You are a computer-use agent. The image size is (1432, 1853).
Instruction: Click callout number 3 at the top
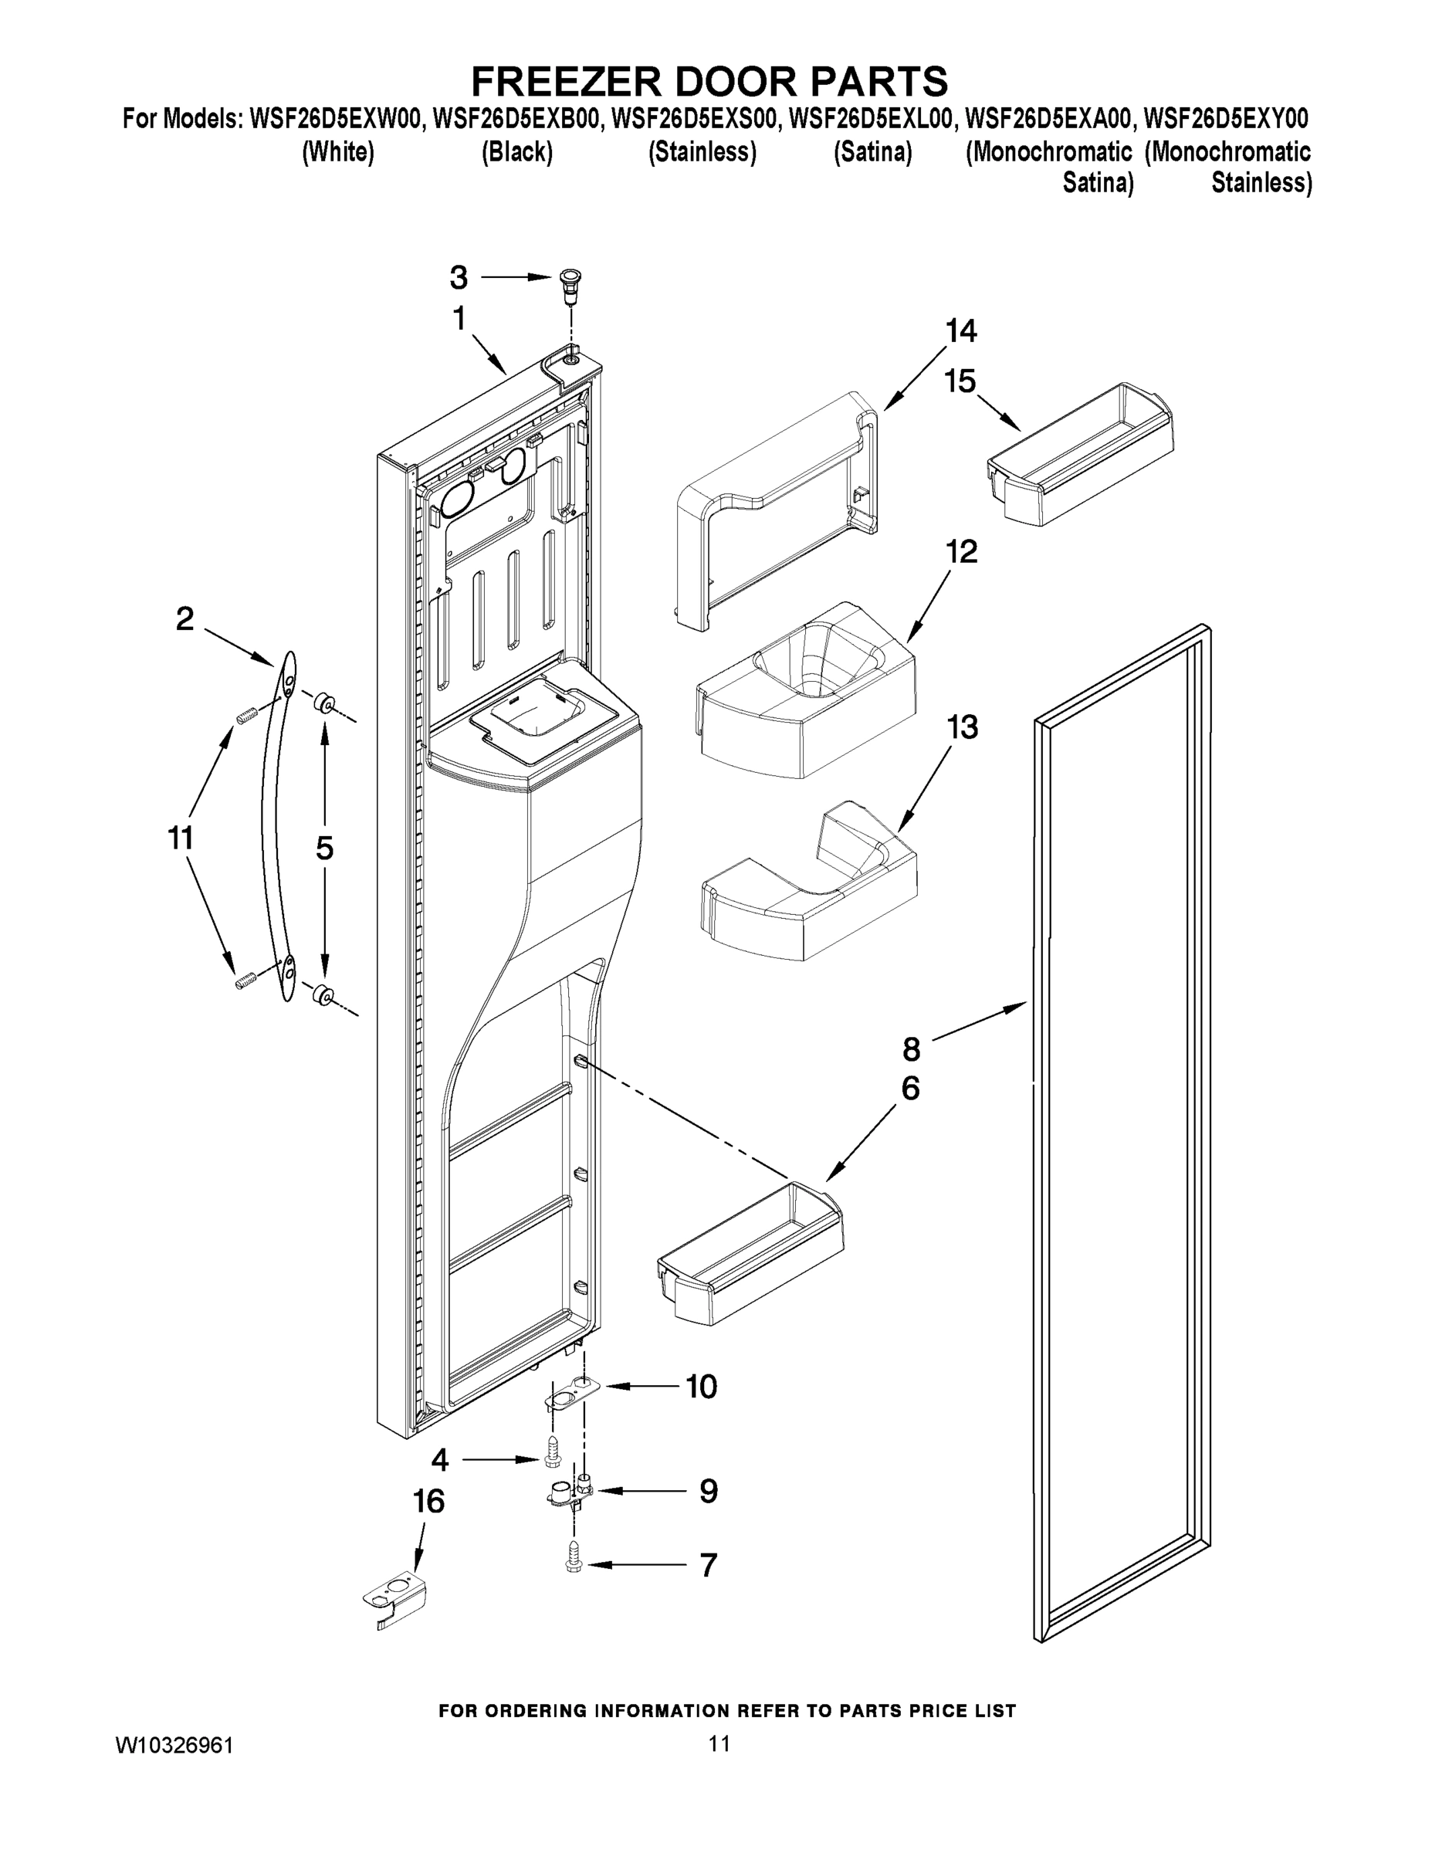pos(458,277)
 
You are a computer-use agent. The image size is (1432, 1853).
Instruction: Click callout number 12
pos(961,552)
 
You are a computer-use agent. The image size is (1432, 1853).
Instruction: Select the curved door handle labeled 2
pos(276,827)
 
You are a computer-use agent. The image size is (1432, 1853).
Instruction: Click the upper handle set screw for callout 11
pos(246,718)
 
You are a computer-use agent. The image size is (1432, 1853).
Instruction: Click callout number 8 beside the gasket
pos(911,1050)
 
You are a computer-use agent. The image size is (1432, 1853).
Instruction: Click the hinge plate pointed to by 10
pos(573,1394)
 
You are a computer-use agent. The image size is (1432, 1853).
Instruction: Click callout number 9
pos(709,1491)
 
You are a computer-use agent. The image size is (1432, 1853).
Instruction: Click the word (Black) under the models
pos(516,153)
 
